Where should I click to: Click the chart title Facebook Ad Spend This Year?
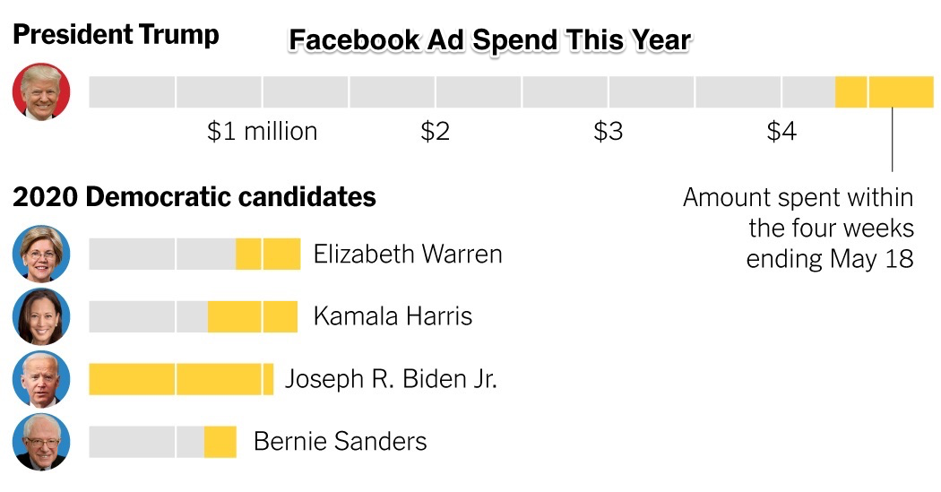pos(489,40)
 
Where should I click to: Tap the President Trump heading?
pos(116,35)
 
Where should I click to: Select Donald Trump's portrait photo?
pos(40,92)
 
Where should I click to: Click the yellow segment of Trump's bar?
pos(884,92)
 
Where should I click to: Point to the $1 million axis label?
pos(262,132)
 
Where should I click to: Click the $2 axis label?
pos(435,132)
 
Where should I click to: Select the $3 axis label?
pos(608,132)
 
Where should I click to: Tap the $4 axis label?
pos(781,132)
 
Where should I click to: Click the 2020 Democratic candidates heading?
pos(194,197)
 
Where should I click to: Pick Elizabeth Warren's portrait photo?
pos(40,254)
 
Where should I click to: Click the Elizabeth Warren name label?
pos(408,254)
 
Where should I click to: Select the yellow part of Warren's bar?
pos(268,254)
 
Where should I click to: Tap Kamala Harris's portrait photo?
pos(40,316)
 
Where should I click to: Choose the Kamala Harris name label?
pos(393,316)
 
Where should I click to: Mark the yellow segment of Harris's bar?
pos(253,316)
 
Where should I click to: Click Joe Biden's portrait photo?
pos(40,379)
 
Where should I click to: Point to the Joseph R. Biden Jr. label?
pos(391,379)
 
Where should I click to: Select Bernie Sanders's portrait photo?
pos(40,442)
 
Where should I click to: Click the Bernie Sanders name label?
pos(341,442)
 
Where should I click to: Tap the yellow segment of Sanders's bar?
pos(220,442)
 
